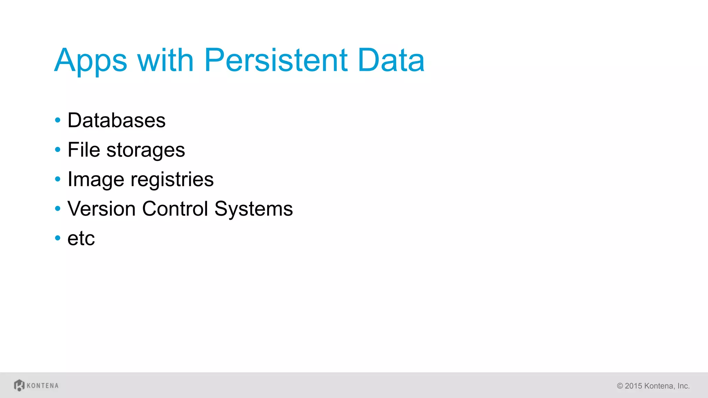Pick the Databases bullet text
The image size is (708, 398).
pyautogui.click(x=117, y=121)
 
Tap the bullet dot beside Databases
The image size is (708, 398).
pyautogui.click(x=58, y=121)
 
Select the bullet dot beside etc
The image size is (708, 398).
pyautogui.click(x=58, y=238)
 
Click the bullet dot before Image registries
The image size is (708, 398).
pyautogui.click(x=58, y=179)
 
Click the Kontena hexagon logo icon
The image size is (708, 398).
pyautogui.click(x=19, y=385)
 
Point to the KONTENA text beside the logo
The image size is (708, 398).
pyautogui.click(x=43, y=386)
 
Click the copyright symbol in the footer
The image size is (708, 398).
pyautogui.click(x=620, y=386)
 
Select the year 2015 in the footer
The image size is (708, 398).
pyautogui.click(x=633, y=386)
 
